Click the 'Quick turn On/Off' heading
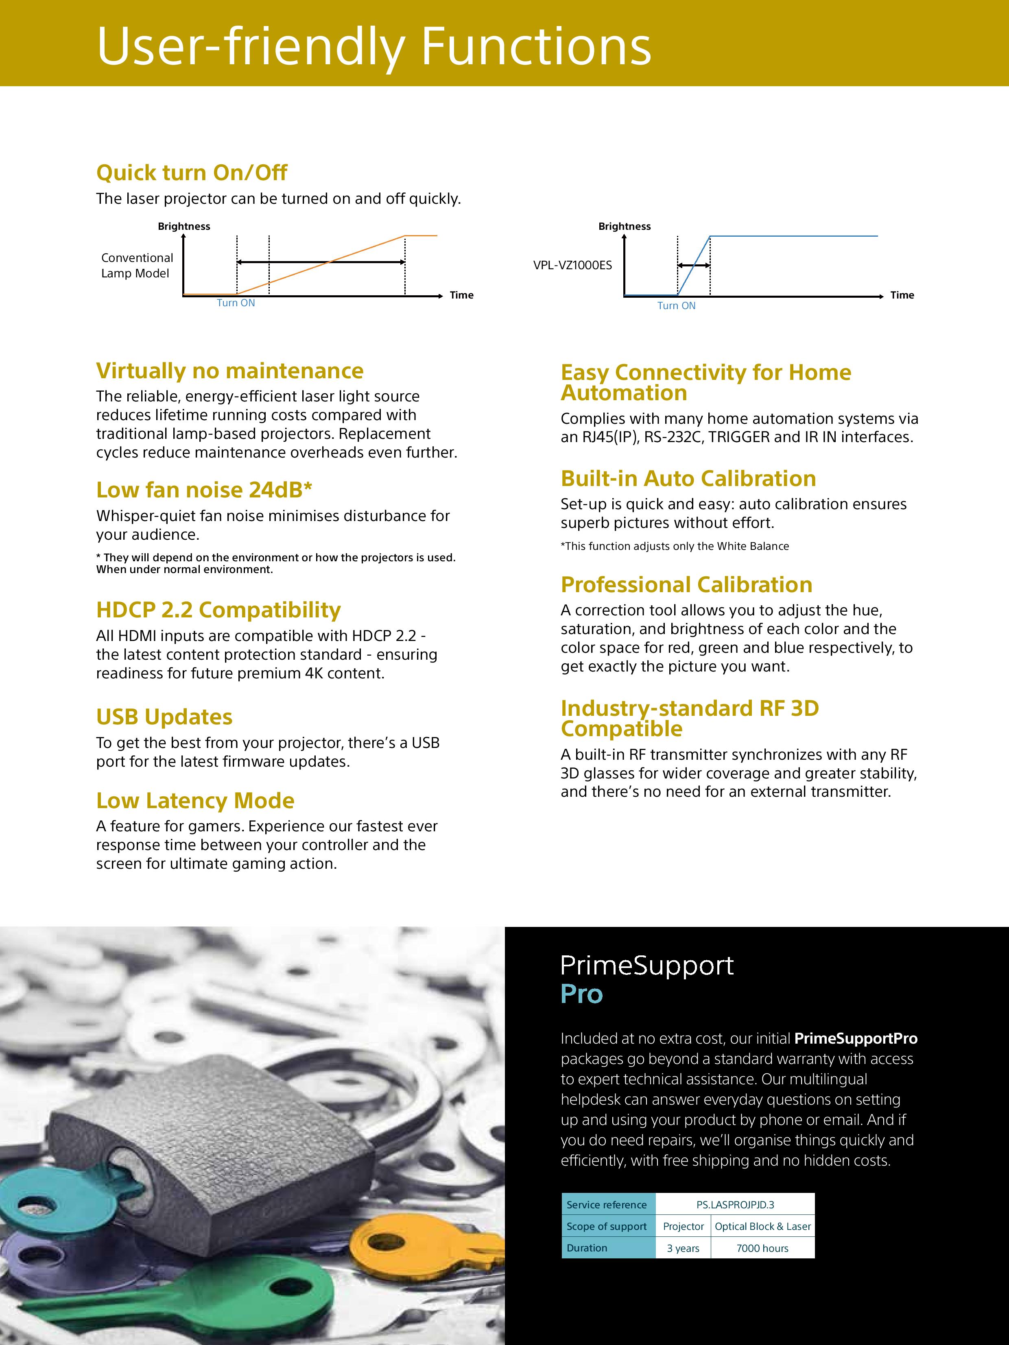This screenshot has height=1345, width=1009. [192, 173]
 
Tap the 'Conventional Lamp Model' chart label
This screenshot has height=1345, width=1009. [137, 266]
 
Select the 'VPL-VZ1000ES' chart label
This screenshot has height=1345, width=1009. [572, 265]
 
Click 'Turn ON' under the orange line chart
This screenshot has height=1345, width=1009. [236, 303]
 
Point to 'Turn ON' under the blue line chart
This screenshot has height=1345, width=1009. [676, 306]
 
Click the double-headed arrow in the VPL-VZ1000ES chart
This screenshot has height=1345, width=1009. [693, 266]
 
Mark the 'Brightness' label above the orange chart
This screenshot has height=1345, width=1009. [183, 226]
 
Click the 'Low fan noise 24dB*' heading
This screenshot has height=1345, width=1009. [204, 489]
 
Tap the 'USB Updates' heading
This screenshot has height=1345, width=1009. [164, 717]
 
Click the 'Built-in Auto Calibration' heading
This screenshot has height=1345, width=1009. [688, 479]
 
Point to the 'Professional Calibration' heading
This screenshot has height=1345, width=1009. [686, 584]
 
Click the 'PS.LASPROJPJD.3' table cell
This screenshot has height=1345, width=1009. [735, 1205]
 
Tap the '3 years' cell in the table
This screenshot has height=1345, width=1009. [683, 1248]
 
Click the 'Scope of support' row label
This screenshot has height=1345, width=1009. [606, 1226]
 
